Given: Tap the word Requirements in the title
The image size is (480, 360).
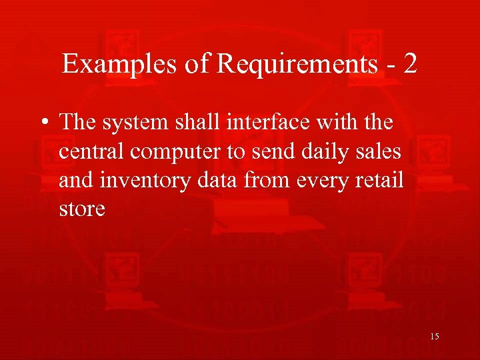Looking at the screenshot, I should coord(290,65).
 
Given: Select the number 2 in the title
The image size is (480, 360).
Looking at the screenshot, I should coord(410,64).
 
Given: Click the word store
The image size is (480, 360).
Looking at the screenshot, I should coord(82,209).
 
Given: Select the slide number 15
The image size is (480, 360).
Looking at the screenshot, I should coord(435,337).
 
